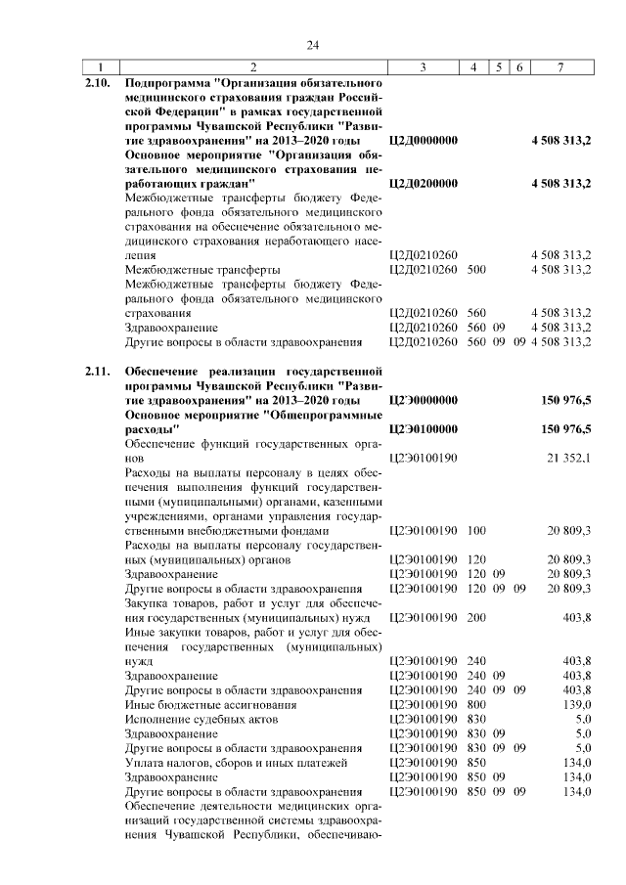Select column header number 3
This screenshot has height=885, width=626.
click(423, 67)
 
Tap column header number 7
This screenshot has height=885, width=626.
click(560, 67)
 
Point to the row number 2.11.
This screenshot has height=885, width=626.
click(98, 373)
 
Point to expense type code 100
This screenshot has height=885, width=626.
click(477, 530)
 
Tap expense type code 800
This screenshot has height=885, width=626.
click(477, 704)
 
